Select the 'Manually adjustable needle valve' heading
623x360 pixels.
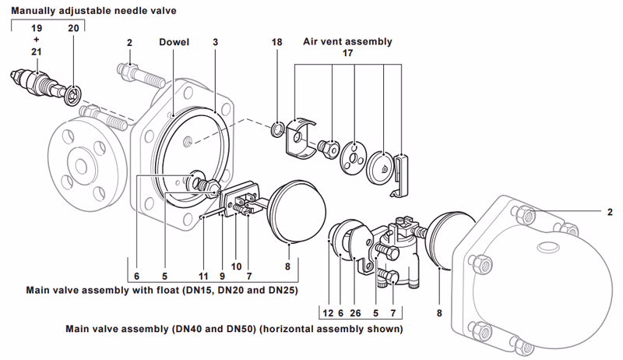coord(94,10)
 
